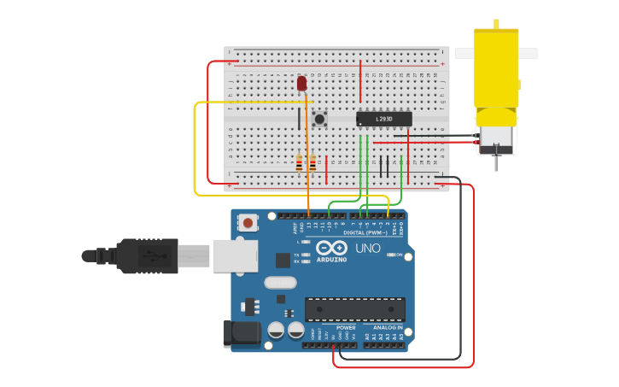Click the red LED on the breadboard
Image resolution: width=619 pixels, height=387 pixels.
(x=301, y=83)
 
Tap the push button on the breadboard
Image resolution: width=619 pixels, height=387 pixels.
(x=320, y=119)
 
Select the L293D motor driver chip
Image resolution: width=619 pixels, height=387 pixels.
(x=383, y=119)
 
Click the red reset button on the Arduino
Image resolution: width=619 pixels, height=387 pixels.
(x=248, y=223)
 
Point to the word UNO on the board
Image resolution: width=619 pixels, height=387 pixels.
(x=368, y=249)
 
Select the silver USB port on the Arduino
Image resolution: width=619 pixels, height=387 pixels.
(x=235, y=255)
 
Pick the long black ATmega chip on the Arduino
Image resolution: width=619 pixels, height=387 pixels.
(x=355, y=309)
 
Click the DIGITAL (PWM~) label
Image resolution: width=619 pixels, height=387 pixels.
(x=365, y=232)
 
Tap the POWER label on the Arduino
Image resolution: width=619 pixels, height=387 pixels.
(x=346, y=327)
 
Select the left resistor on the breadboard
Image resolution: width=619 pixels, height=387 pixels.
(x=299, y=163)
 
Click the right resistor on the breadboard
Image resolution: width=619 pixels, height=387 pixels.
(x=312, y=163)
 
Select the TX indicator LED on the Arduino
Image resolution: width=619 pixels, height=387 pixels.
(x=306, y=255)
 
